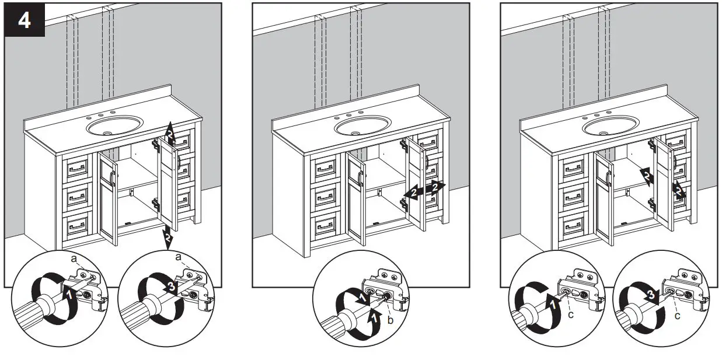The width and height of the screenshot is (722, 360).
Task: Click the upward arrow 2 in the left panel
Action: pos(169,134)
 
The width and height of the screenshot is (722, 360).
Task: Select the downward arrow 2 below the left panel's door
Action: pos(168,237)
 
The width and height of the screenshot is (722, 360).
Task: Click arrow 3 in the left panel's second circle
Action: pos(169,287)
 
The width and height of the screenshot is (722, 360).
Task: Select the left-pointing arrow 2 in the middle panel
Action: pos(413,193)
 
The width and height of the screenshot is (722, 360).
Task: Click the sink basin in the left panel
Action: pos(114,125)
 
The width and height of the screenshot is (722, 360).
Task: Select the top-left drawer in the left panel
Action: pos(77,170)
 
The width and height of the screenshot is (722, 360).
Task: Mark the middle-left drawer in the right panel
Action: pos(573,197)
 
